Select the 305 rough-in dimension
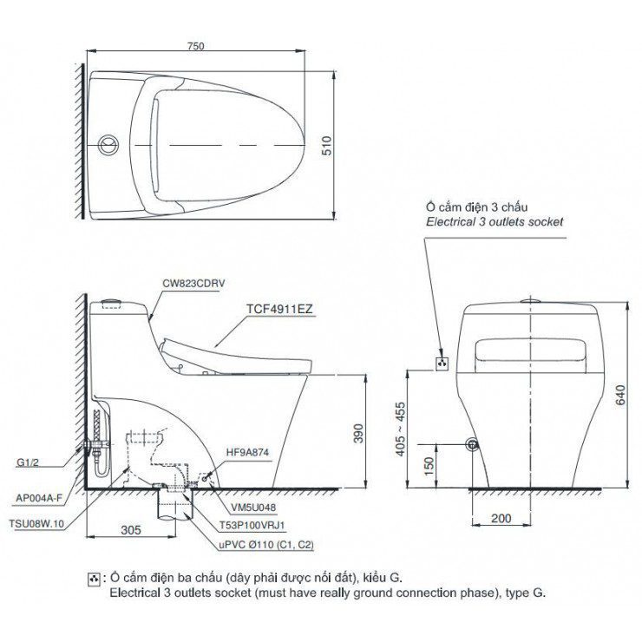click(x=131, y=529)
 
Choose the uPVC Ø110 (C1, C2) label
click(x=255, y=544)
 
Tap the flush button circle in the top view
click(x=108, y=142)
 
